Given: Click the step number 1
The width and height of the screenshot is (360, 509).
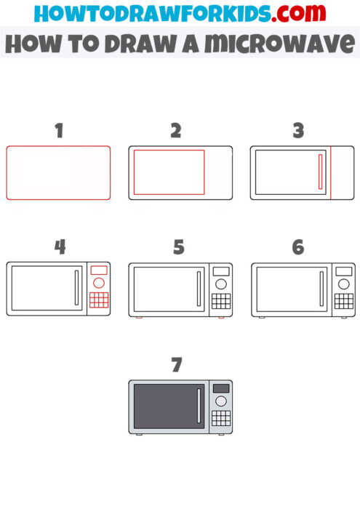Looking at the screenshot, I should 59,131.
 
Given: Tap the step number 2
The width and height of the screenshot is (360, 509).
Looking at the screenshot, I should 175,131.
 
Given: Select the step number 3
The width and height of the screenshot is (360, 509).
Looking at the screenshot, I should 297,131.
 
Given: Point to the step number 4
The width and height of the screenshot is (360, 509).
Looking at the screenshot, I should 60,247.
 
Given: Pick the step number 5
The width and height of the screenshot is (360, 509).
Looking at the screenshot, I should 179,247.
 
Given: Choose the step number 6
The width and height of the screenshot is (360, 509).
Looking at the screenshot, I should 297,247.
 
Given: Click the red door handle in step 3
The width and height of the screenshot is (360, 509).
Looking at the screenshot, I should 319,172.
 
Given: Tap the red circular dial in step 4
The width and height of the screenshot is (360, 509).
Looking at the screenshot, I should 98,283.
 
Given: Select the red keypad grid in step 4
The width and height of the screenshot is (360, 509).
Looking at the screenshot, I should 98,300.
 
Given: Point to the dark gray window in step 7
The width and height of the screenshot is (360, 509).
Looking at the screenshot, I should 164,406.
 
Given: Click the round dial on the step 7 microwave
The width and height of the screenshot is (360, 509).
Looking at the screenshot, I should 220,401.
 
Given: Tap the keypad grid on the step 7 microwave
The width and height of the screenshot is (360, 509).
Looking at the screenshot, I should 220,418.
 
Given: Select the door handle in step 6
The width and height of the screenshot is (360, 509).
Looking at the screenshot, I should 321,289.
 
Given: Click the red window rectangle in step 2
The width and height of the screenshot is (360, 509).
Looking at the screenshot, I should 169,172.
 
